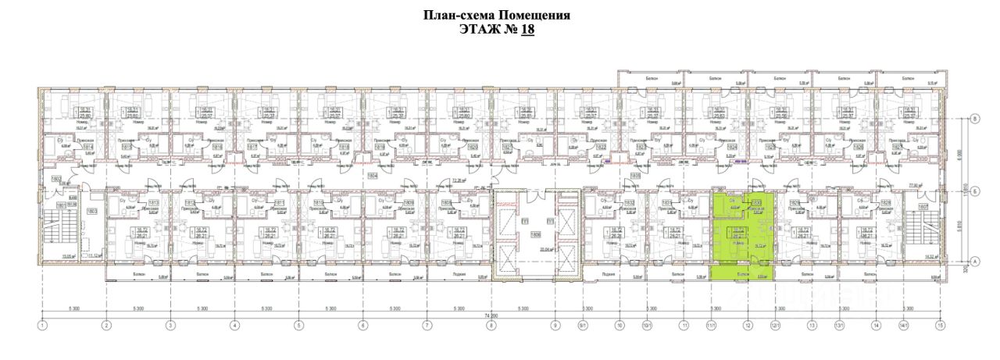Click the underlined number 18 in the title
click(527, 30)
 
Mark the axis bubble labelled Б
click(974, 119)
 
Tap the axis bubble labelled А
click(974, 262)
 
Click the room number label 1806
click(536, 234)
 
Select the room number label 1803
click(91, 212)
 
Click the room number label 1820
click(472, 146)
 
